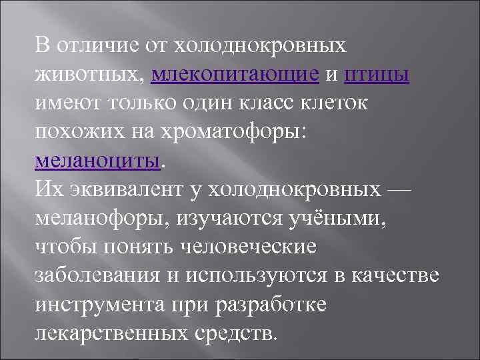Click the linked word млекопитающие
click(235, 75)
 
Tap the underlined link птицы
click(376, 75)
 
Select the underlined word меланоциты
click(97, 161)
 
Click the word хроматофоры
click(246, 132)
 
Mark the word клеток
click(341, 103)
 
